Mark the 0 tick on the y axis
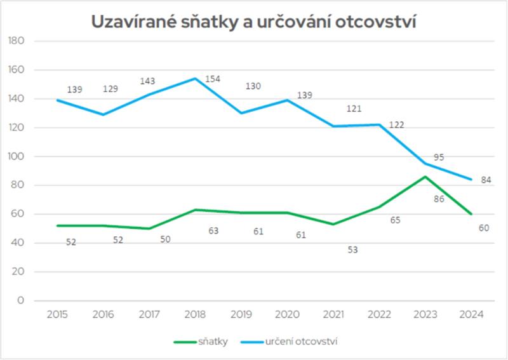[x=21, y=300]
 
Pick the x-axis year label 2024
[x=471, y=314]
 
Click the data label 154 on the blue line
[x=213, y=79]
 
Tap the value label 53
[x=352, y=250]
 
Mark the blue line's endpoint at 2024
[x=471, y=180]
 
